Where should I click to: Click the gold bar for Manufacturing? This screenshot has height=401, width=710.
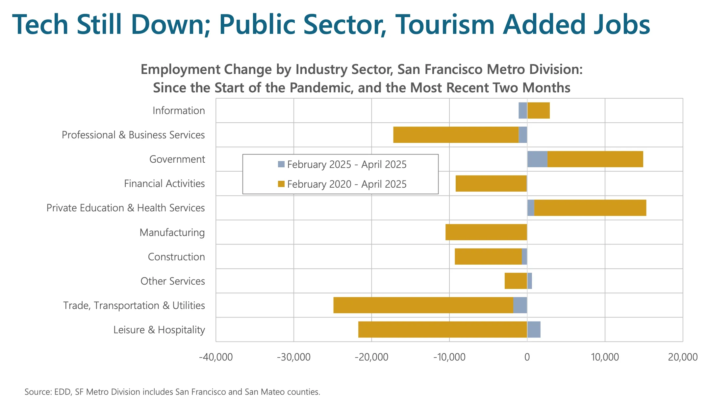486,232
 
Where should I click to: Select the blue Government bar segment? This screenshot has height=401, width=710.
537,159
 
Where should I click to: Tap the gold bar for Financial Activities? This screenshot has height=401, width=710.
491,183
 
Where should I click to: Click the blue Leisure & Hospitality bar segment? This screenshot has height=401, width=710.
534,329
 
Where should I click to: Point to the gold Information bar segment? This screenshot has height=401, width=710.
539,110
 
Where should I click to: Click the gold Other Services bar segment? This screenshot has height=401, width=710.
516,281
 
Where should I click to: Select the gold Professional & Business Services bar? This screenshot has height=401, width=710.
456,135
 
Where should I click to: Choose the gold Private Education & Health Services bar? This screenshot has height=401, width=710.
590,208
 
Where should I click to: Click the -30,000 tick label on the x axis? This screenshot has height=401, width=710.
293,357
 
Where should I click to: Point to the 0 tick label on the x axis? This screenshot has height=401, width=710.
527,357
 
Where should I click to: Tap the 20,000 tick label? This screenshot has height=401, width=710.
682,357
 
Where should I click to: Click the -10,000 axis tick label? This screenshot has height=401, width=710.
449,357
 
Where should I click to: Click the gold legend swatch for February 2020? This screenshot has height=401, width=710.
281,184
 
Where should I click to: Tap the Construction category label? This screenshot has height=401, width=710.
176,257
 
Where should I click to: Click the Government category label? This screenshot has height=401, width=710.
177,159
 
